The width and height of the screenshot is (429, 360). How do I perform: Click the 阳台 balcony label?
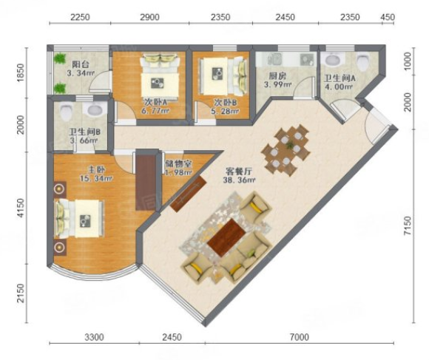(x=81, y=64)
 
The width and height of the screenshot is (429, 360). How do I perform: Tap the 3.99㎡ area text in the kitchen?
(x=277, y=84)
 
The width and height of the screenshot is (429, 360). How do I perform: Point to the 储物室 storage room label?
(x=178, y=163)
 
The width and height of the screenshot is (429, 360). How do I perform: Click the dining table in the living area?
(x=286, y=150)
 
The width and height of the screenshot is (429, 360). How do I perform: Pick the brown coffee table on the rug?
(x=226, y=237)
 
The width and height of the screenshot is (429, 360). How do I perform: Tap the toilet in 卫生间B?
(x=66, y=112)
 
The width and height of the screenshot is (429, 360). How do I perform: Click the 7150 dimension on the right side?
(x=408, y=225)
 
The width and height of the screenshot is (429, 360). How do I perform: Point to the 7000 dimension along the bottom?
(x=300, y=337)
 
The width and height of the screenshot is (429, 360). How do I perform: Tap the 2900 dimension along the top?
(x=149, y=17)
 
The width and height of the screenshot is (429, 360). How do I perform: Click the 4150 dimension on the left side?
(x=21, y=208)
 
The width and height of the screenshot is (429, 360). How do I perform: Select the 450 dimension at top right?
(x=388, y=17)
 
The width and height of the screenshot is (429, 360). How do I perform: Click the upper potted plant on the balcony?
(x=60, y=58)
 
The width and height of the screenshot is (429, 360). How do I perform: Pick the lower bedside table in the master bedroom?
(x=60, y=248)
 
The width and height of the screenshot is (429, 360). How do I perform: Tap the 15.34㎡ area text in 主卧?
(x=96, y=178)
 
